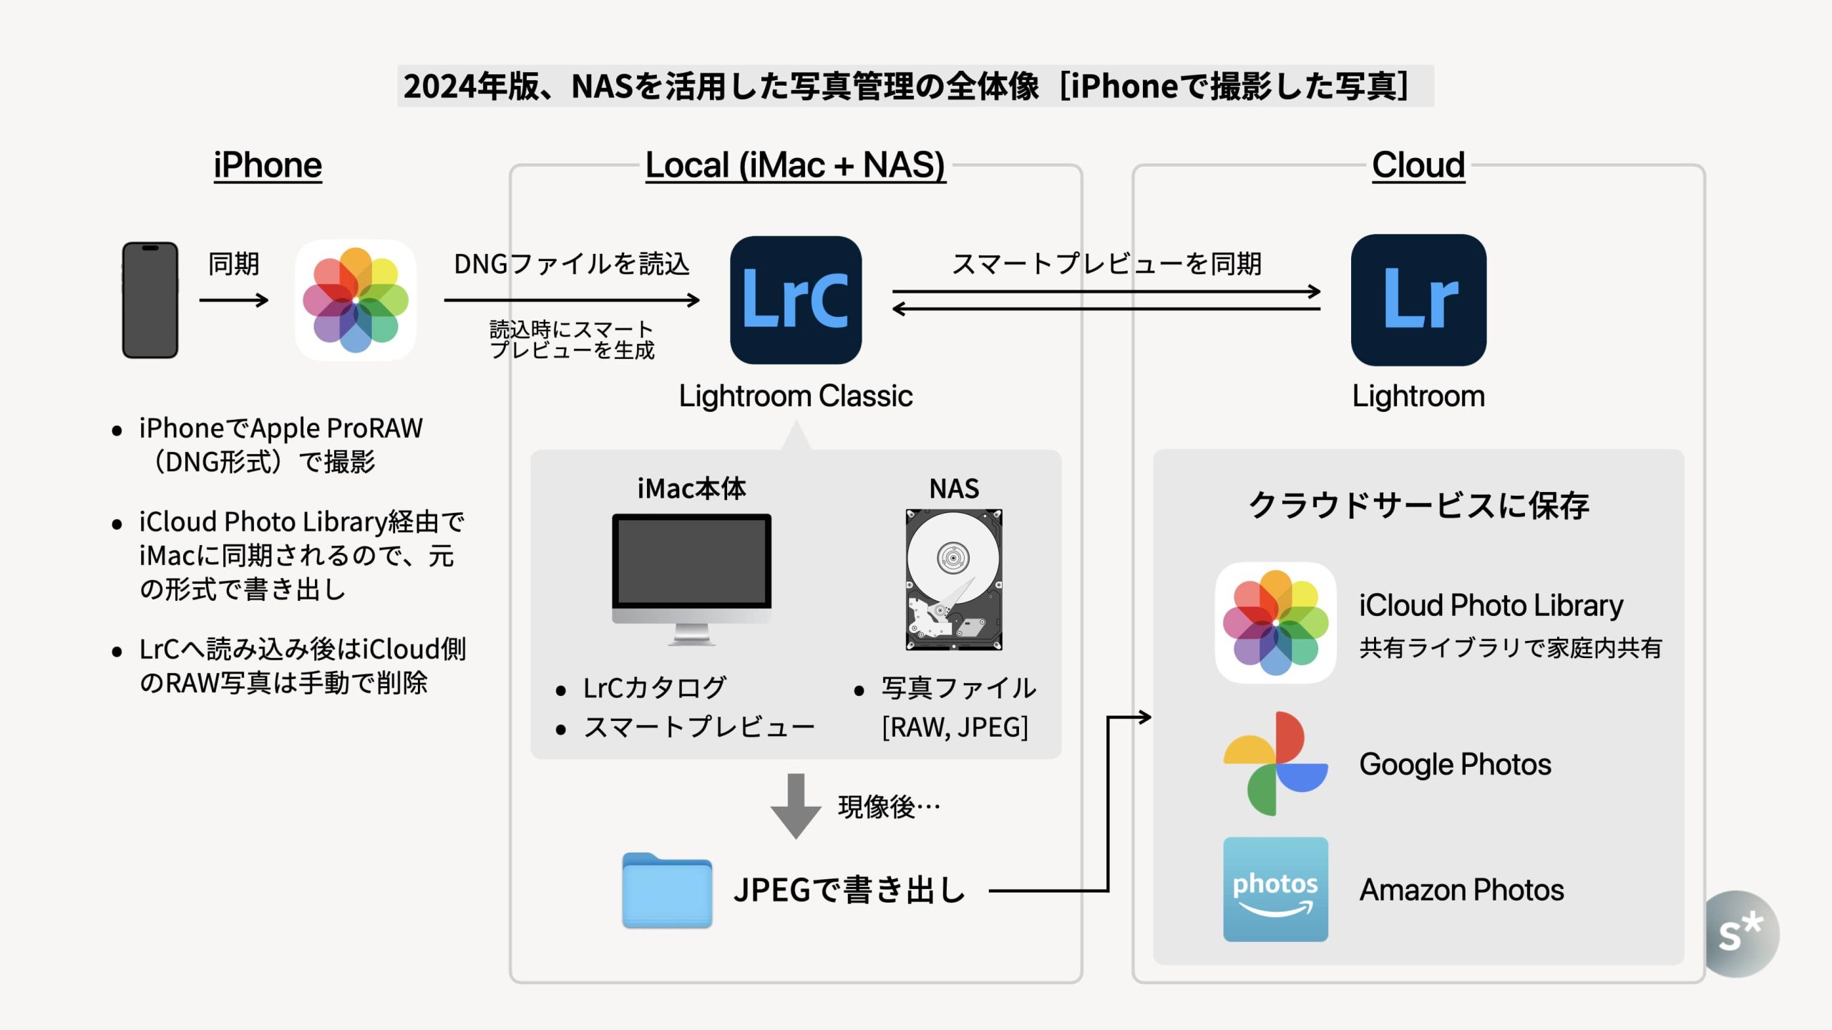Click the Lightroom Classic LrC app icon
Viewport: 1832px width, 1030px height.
coord(796,300)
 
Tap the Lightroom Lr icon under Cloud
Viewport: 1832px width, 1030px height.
coord(1418,300)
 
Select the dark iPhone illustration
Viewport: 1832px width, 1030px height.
coord(150,300)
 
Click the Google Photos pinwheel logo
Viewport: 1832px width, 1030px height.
coord(1275,764)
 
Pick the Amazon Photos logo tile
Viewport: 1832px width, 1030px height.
coord(1275,889)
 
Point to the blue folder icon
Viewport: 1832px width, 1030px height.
coord(666,891)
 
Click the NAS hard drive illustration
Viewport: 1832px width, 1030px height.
coord(954,579)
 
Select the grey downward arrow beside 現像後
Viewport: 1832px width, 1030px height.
coord(795,805)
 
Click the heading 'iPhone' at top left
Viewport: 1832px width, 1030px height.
coord(268,165)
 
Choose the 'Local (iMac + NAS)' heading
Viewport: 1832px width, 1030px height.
coord(795,165)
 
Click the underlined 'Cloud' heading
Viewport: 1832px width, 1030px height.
coord(1418,165)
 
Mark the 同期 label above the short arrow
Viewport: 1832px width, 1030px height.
coord(233,264)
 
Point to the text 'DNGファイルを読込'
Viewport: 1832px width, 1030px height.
coord(572,264)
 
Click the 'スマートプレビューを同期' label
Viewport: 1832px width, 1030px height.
coord(1106,264)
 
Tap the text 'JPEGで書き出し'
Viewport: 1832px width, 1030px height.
coord(849,891)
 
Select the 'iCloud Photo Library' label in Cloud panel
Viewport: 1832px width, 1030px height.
coord(1491,606)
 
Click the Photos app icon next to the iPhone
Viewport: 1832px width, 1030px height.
coord(356,300)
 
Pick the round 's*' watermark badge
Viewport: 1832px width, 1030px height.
coord(1740,933)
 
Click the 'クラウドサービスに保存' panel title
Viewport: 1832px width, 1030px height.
coord(1418,506)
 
